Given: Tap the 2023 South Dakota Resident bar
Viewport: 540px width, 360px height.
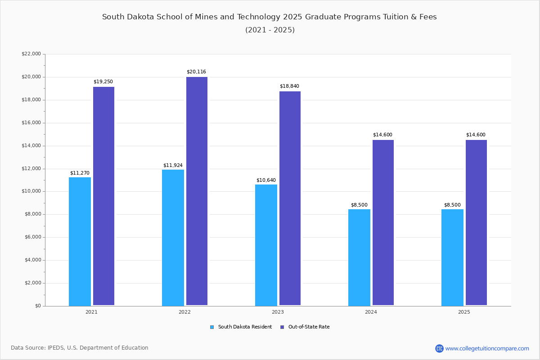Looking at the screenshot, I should (x=266, y=245).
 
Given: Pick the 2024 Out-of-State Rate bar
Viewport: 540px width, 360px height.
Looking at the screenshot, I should (x=383, y=223).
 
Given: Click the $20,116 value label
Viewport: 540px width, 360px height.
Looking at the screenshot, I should (x=196, y=72).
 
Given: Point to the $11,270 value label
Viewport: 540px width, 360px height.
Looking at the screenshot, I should (x=80, y=173).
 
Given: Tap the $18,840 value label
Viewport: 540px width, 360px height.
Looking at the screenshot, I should (x=289, y=86).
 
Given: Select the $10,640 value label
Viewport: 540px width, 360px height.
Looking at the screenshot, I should (x=266, y=180).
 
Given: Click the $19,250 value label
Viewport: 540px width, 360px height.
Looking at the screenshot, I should (x=103, y=82).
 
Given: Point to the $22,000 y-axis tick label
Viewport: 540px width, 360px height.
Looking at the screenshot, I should (x=31, y=54).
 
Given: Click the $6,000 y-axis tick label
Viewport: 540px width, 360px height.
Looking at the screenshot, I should (x=32, y=237).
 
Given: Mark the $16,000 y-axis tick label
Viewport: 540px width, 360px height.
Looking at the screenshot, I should (x=31, y=123).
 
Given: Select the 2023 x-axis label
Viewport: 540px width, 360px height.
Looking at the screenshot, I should (x=278, y=312).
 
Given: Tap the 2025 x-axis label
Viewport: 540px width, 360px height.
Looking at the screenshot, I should (x=464, y=312).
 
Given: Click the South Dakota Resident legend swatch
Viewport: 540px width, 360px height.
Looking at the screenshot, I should (x=212, y=327).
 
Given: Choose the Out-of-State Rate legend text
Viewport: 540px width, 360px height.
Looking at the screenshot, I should (x=309, y=327).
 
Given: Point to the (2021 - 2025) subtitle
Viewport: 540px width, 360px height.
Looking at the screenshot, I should (x=270, y=30).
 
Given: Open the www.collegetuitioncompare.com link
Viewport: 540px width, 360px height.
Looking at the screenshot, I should (x=487, y=348).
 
